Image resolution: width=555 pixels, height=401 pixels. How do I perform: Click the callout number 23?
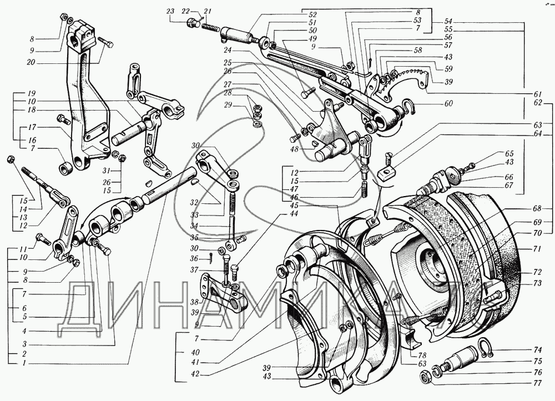click(x=170, y=11)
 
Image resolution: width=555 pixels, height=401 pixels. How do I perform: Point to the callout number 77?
click(x=537, y=383)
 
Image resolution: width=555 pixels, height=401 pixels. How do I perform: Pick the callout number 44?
click(x=294, y=213)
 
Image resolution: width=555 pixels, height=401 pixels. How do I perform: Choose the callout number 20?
click(x=31, y=62)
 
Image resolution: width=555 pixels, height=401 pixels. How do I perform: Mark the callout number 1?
click(x=24, y=363)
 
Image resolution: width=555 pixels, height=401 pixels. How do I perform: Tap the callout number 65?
click(x=509, y=154)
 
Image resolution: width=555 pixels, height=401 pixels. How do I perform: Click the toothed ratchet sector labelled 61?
click(x=403, y=82)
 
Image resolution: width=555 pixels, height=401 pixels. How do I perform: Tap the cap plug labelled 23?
click(x=192, y=23)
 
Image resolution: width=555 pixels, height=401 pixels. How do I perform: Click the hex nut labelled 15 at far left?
click(x=11, y=159)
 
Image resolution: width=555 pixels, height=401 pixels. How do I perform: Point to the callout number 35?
click(x=194, y=237)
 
